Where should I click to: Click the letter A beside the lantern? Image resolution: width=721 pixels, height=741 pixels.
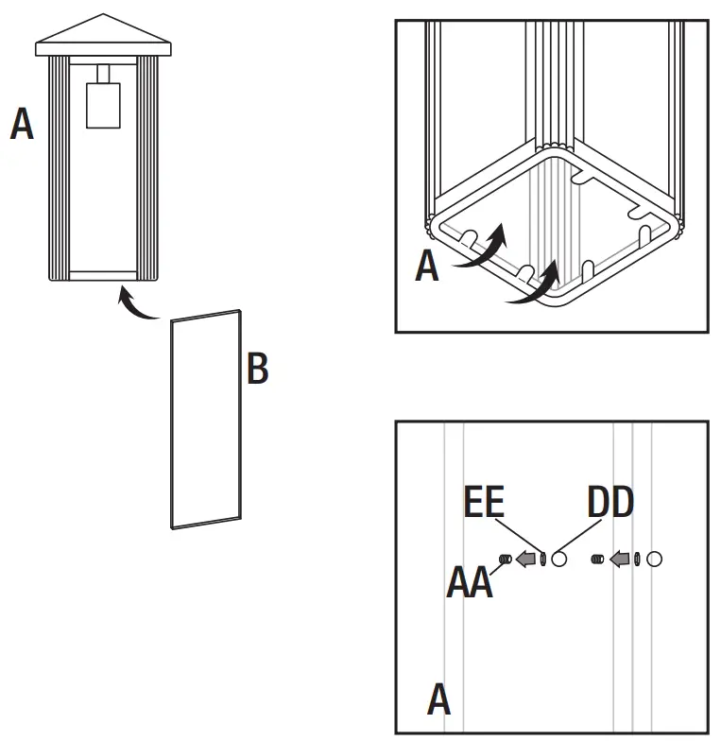tap(22, 124)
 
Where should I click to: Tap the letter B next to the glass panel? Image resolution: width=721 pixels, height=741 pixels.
tap(257, 369)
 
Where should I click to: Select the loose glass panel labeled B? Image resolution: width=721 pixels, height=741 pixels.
tap(206, 420)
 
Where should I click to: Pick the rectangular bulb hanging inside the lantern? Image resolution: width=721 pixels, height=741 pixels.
tap(103, 105)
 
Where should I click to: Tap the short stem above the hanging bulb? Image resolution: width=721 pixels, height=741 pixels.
tap(103, 74)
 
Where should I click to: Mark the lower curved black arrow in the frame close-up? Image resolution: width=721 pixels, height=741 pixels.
tap(532, 289)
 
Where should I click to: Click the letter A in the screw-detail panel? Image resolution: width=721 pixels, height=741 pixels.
tap(438, 700)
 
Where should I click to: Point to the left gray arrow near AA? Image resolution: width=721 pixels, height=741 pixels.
tap(525, 560)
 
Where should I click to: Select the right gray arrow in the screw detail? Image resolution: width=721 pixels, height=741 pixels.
tap(620, 560)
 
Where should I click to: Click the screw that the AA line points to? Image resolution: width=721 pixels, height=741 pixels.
tap(506, 560)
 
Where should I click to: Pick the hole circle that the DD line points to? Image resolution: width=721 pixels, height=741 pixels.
tap(559, 560)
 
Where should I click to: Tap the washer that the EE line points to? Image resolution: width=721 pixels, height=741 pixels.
tap(544, 560)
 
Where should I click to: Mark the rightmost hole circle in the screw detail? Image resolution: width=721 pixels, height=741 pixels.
tap(654, 560)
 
